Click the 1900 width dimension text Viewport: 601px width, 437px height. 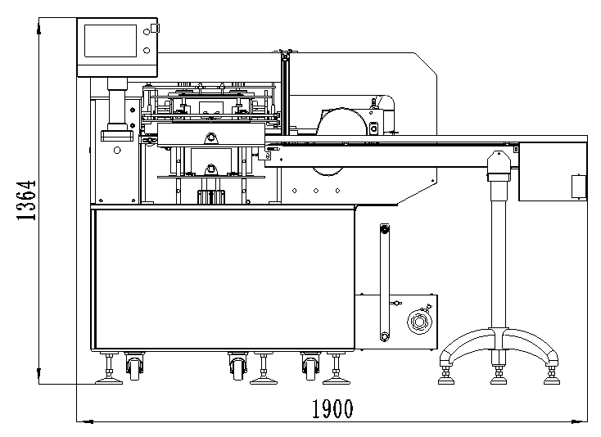pos(332,408)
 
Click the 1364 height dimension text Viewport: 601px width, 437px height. pos(26,200)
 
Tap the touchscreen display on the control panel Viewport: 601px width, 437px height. pos(111,41)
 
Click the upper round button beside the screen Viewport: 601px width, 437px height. pos(147,32)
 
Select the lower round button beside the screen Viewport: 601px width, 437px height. pos(147,50)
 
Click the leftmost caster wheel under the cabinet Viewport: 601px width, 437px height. pos(134,368)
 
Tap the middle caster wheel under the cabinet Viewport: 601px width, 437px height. pos(237,368)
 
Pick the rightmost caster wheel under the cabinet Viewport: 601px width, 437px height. pos(311,368)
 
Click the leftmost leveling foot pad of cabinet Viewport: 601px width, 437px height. pos(109,381)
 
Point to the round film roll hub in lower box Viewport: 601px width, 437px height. pos(419,322)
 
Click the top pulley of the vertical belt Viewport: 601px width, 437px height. pos(385,229)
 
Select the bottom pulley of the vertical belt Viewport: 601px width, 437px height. pos(384,336)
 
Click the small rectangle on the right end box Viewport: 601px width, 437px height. pos(578,187)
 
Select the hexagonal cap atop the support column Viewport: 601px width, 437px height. pos(499,162)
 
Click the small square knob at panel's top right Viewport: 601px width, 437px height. pos(155,28)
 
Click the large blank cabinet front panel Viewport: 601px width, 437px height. pos(224,279)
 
